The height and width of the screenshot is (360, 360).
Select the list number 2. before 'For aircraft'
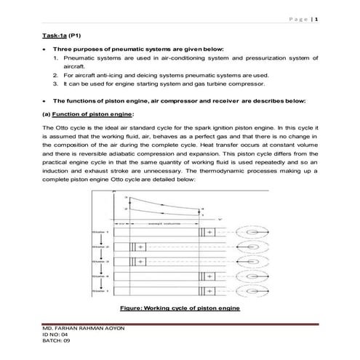pyautogui.click(x=56, y=74)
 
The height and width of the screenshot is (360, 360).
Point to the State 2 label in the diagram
pyautogui.click(x=100, y=247)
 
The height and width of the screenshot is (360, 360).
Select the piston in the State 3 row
pyautogui.click(x=137, y=262)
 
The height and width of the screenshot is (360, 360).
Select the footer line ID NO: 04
pyautogui.click(x=57, y=337)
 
